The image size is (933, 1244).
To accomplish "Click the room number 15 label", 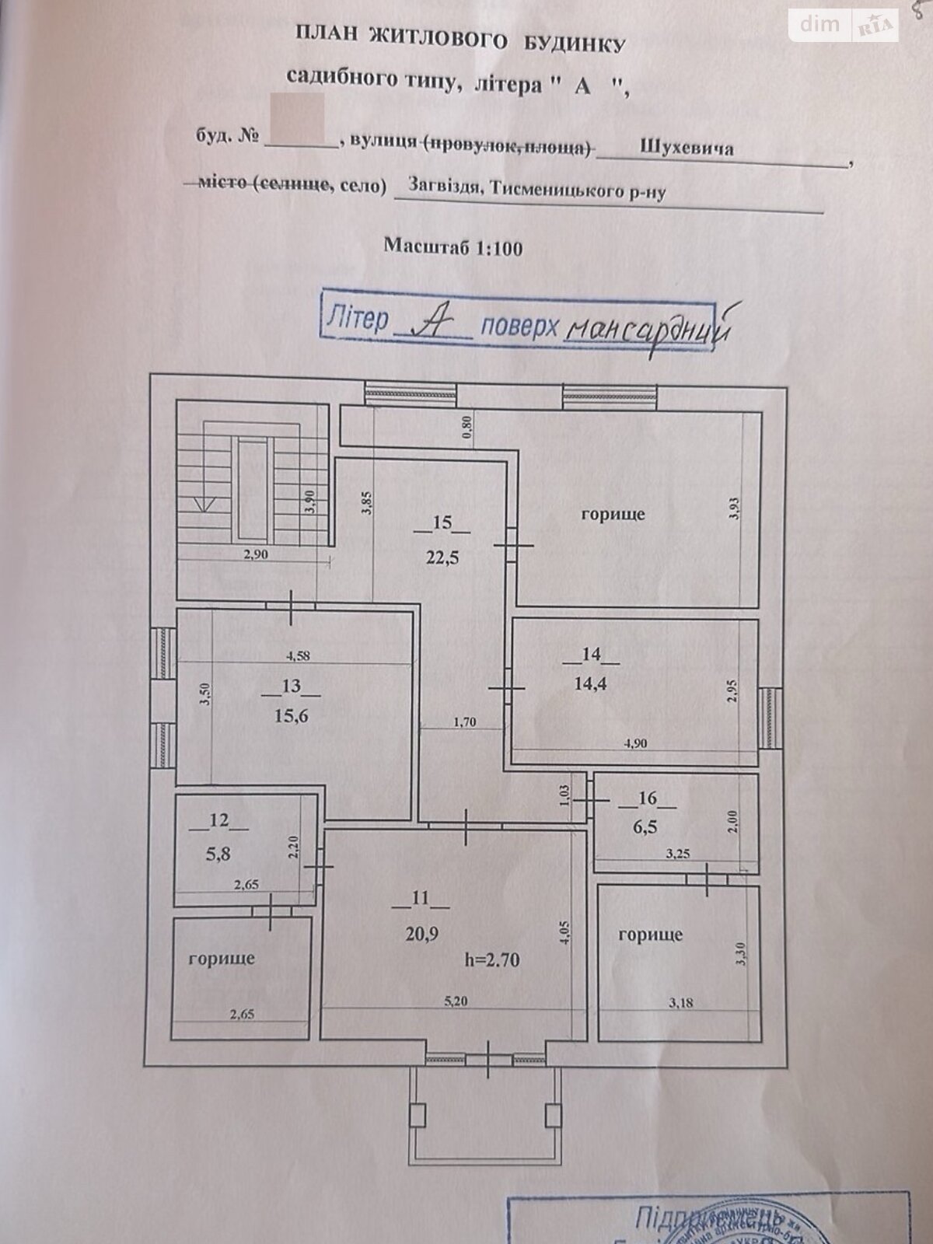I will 442,522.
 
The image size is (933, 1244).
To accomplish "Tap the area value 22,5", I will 442,557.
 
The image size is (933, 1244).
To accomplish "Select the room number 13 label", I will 292,686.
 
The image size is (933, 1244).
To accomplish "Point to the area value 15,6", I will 292,715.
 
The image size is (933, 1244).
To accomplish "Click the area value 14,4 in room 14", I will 591,684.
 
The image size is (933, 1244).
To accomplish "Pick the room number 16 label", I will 647,798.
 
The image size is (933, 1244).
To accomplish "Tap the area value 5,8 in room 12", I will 219,853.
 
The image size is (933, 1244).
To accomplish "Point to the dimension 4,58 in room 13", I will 298,655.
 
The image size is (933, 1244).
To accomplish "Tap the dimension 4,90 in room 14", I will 635,743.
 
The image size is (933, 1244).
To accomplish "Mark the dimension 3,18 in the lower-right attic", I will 679,1003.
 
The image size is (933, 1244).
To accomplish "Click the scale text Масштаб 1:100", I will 453,248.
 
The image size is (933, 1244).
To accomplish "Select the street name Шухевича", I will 687,148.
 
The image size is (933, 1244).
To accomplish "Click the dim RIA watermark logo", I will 842,25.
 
